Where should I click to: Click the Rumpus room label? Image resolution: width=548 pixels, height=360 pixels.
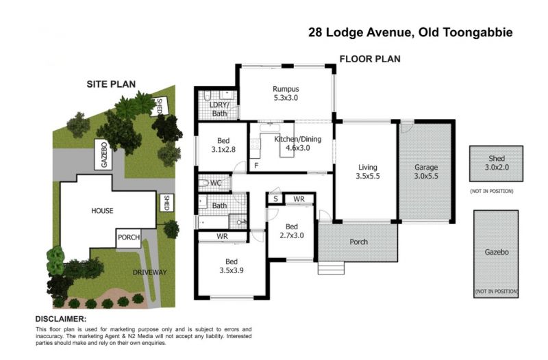coord(286,93)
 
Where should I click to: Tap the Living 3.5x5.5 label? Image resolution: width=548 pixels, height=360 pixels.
coord(368,172)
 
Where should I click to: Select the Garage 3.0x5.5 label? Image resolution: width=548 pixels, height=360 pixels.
coord(426,172)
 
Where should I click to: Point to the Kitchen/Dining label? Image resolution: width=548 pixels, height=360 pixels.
coord(298,143)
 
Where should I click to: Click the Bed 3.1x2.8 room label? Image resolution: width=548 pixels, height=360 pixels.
coord(223,145)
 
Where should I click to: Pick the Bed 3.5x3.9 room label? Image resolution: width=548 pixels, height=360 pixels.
coord(232,266)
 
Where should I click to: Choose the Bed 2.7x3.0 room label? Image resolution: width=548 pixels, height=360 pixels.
coord(292,231)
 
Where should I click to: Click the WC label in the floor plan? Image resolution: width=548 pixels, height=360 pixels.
coord(216,183)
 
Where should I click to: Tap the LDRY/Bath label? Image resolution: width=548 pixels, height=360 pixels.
coord(219,109)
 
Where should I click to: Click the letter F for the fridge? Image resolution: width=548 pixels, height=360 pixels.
coord(256,166)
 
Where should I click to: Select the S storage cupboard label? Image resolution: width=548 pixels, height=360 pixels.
coord(276,199)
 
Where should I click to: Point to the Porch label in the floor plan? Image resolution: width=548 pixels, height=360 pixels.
coord(358,242)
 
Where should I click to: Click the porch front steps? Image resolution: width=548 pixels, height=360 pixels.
coord(331,268)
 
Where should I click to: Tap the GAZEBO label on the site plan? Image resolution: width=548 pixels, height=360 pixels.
coord(104,155)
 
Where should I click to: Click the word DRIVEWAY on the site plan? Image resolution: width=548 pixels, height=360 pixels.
coord(149,272)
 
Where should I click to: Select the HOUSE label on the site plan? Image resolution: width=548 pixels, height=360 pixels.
coord(102,211)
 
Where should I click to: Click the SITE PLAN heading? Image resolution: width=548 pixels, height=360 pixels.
coord(111,84)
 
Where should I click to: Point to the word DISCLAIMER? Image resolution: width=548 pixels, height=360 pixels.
coord(61,319)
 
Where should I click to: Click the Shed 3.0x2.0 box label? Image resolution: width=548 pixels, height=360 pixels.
coord(497,163)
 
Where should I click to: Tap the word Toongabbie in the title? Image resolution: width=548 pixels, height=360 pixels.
coord(478,32)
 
